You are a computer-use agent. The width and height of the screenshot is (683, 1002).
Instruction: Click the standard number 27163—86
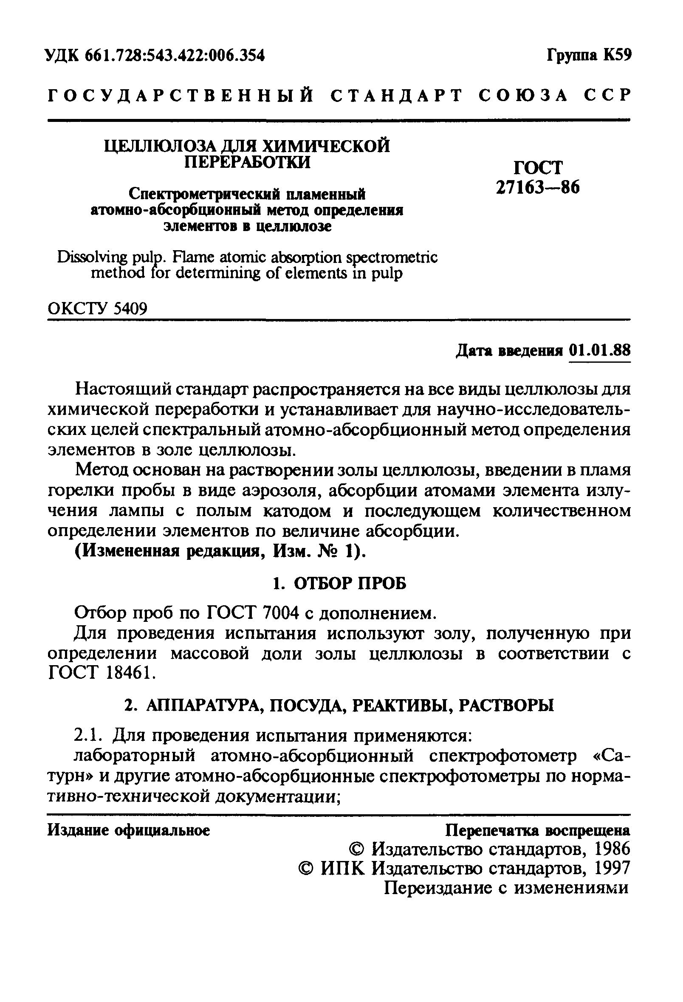[538, 187]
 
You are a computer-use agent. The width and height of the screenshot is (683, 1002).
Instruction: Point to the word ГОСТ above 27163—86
[538, 167]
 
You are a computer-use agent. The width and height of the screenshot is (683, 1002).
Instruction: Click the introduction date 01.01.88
[599, 350]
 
